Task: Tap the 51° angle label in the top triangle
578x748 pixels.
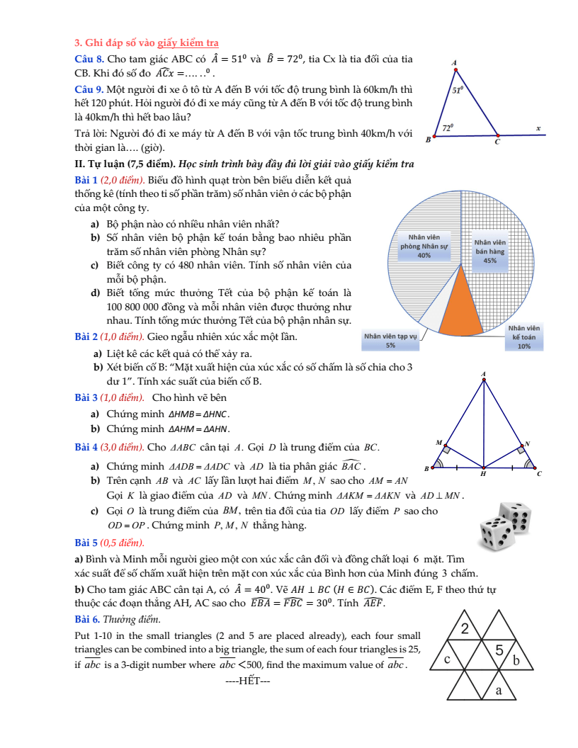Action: (x=458, y=90)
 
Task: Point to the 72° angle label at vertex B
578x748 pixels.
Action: (x=448, y=127)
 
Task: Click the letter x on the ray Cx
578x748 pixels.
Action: (x=538, y=128)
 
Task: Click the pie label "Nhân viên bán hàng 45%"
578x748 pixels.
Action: (x=489, y=251)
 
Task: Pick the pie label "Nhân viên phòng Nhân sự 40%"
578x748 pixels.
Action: (x=424, y=246)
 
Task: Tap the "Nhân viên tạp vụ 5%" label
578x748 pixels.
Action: (x=390, y=341)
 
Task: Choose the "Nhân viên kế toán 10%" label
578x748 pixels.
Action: (x=524, y=337)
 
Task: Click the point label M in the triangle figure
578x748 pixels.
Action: (x=438, y=443)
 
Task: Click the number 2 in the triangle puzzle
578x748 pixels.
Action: (x=465, y=628)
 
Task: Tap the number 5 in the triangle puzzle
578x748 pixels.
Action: (x=499, y=650)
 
